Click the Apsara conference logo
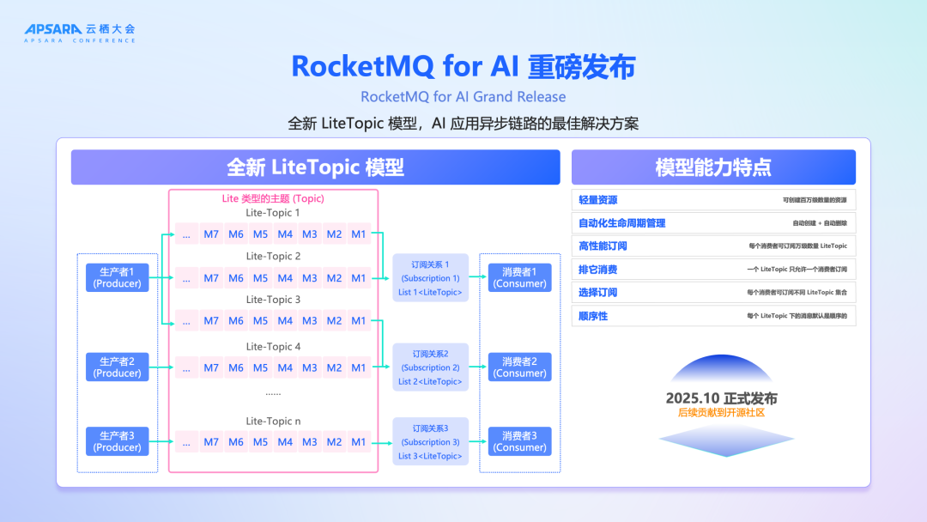click(80, 33)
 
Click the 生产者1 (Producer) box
click(118, 277)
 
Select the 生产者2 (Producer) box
click(118, 367)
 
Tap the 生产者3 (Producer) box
click(118, 441)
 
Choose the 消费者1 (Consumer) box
click(520, 277)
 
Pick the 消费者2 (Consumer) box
click(520, 367)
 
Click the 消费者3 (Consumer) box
click(520, 441)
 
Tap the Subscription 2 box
click(430, 367)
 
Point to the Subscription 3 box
click(430, 441)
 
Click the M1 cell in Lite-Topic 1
click(359, 234)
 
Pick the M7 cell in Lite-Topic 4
click(211, 367)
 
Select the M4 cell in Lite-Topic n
click(285, 442)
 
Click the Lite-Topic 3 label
click(273, 300)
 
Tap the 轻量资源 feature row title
click(598, 199)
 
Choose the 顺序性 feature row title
click(593, 316)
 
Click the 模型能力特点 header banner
click(713, 167)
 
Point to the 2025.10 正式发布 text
click(721, 398)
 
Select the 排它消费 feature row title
click(598, 269)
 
